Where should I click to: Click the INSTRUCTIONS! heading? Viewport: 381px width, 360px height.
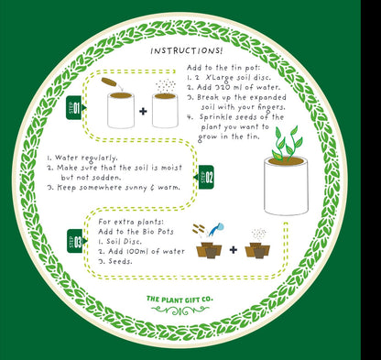point(187,50)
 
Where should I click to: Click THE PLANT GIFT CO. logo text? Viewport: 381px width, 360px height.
point(180,300)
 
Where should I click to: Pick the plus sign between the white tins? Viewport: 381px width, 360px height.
point(143,111)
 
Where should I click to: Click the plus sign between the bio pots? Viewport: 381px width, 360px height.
point(234,250)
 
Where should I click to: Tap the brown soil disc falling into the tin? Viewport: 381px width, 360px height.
point(109,82)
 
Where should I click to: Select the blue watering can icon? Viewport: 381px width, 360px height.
point(217,229)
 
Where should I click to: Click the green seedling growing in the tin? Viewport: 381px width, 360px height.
point(287,144)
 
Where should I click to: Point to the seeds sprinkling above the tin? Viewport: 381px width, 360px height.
point(166,86)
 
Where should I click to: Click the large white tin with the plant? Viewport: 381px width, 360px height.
point(286,186)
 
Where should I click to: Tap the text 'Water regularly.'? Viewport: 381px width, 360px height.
point(82,158)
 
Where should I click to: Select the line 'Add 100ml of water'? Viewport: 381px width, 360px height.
point(142,251)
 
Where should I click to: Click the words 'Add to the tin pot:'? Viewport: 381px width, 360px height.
point(223,68)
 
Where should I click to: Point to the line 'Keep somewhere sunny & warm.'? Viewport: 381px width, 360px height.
point(114,187)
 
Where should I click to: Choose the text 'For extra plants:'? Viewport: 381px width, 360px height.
point(131,222)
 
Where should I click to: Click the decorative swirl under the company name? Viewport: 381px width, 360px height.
point(180,311)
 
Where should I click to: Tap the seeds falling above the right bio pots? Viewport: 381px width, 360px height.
point(259,235)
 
